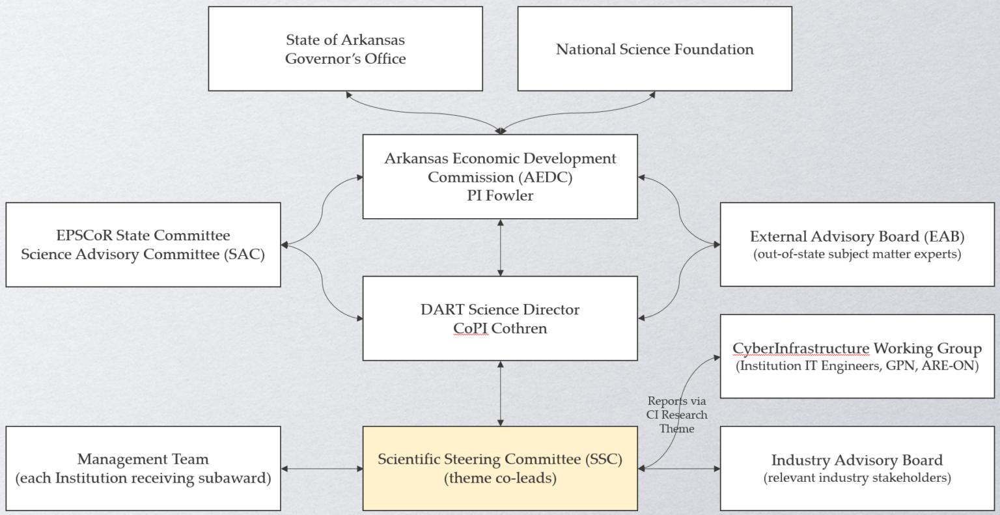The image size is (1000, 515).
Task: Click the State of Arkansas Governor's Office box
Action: (345, 49)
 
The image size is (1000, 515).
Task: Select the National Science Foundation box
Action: (654, 49)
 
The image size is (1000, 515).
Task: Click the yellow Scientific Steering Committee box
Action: (500, 469)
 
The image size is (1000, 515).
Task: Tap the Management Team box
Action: (143, 469)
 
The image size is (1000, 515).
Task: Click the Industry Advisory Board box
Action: (857, 469)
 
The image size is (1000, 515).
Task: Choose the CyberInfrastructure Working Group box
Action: (857, 357)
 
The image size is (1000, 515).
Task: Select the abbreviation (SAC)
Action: (242, 254)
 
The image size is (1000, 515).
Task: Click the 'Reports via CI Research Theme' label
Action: (677, 415)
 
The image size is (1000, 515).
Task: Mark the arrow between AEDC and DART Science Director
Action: (500, 247)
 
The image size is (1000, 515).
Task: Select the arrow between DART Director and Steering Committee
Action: (500, 394)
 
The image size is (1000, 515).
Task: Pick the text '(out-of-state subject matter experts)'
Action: (857, 254)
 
